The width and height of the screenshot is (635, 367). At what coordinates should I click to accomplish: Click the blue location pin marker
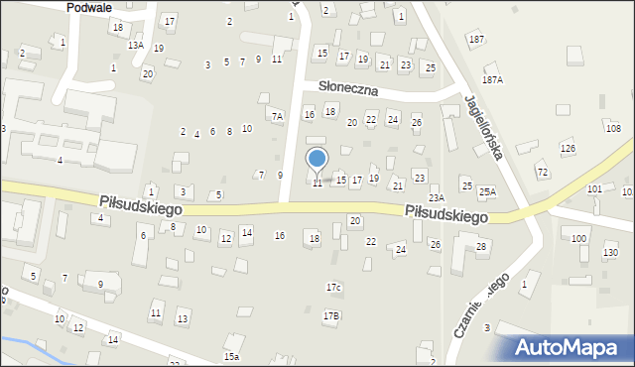pyautogui.click(x=317, y=160)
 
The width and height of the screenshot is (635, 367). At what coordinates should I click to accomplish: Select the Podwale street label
pyautogui.click(x=88, y=7)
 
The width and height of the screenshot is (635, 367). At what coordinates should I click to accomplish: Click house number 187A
pyautogui.click(x=492, y=79)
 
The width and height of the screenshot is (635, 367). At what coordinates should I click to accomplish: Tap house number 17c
pyautogui.click(x=334, y=288)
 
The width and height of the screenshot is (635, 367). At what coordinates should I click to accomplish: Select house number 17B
pyautogui.click(x=331, y=315)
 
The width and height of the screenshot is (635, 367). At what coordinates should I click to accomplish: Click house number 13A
pyautogui.click(x=136, y=46)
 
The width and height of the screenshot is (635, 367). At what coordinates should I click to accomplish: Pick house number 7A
pyautogui.click(x=279, y=116)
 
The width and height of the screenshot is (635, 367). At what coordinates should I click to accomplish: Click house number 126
pyautogui.click(x=568, y=149)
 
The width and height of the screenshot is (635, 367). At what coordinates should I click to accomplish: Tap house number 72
pyautogui.click(x=543, y=173)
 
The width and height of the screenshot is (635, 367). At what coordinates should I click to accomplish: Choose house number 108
pyautogui.click(x=613, y=129)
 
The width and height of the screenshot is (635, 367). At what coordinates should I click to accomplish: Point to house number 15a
pyautogui.click(x=231, y=356)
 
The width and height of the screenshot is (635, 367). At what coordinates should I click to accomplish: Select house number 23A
pyautogui.click(x=436, y=198)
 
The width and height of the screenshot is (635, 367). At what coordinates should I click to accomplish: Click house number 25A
pyautogui.click(x=486, y=191)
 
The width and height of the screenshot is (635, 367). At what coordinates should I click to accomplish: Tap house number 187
pyautogui.click(x=477, y=39)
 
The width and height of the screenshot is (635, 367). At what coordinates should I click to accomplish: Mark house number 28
pyautogui.click(x=481, y=246)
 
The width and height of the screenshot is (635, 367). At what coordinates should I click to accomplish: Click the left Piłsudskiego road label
pyautogui.click(x=138, y=200)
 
